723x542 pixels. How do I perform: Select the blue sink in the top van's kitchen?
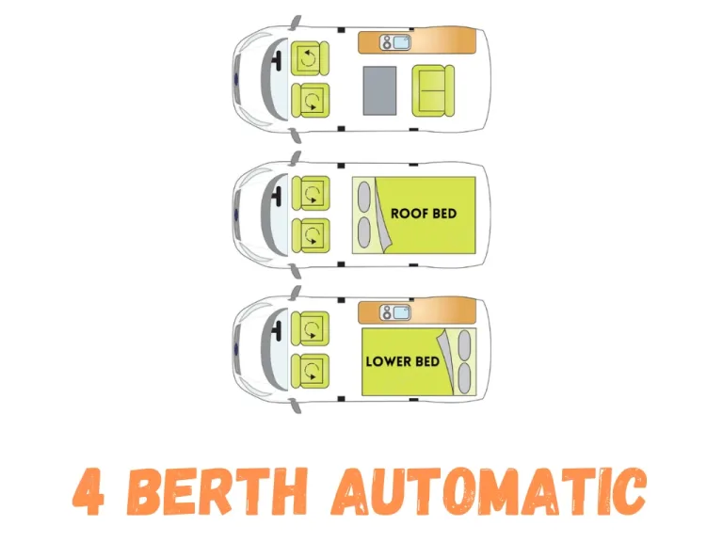tap(400, 42)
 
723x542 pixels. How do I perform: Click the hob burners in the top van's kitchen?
tap(385, 42)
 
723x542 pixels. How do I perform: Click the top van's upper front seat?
tap(310, 59)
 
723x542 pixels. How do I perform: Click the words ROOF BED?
tap(424, 214)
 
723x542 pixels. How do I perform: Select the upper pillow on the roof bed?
tap(364, 197)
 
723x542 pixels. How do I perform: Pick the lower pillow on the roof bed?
tap(364, 231)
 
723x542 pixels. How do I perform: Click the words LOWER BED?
tap(402, 361)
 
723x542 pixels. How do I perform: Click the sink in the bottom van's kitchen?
tap(400, 311)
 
